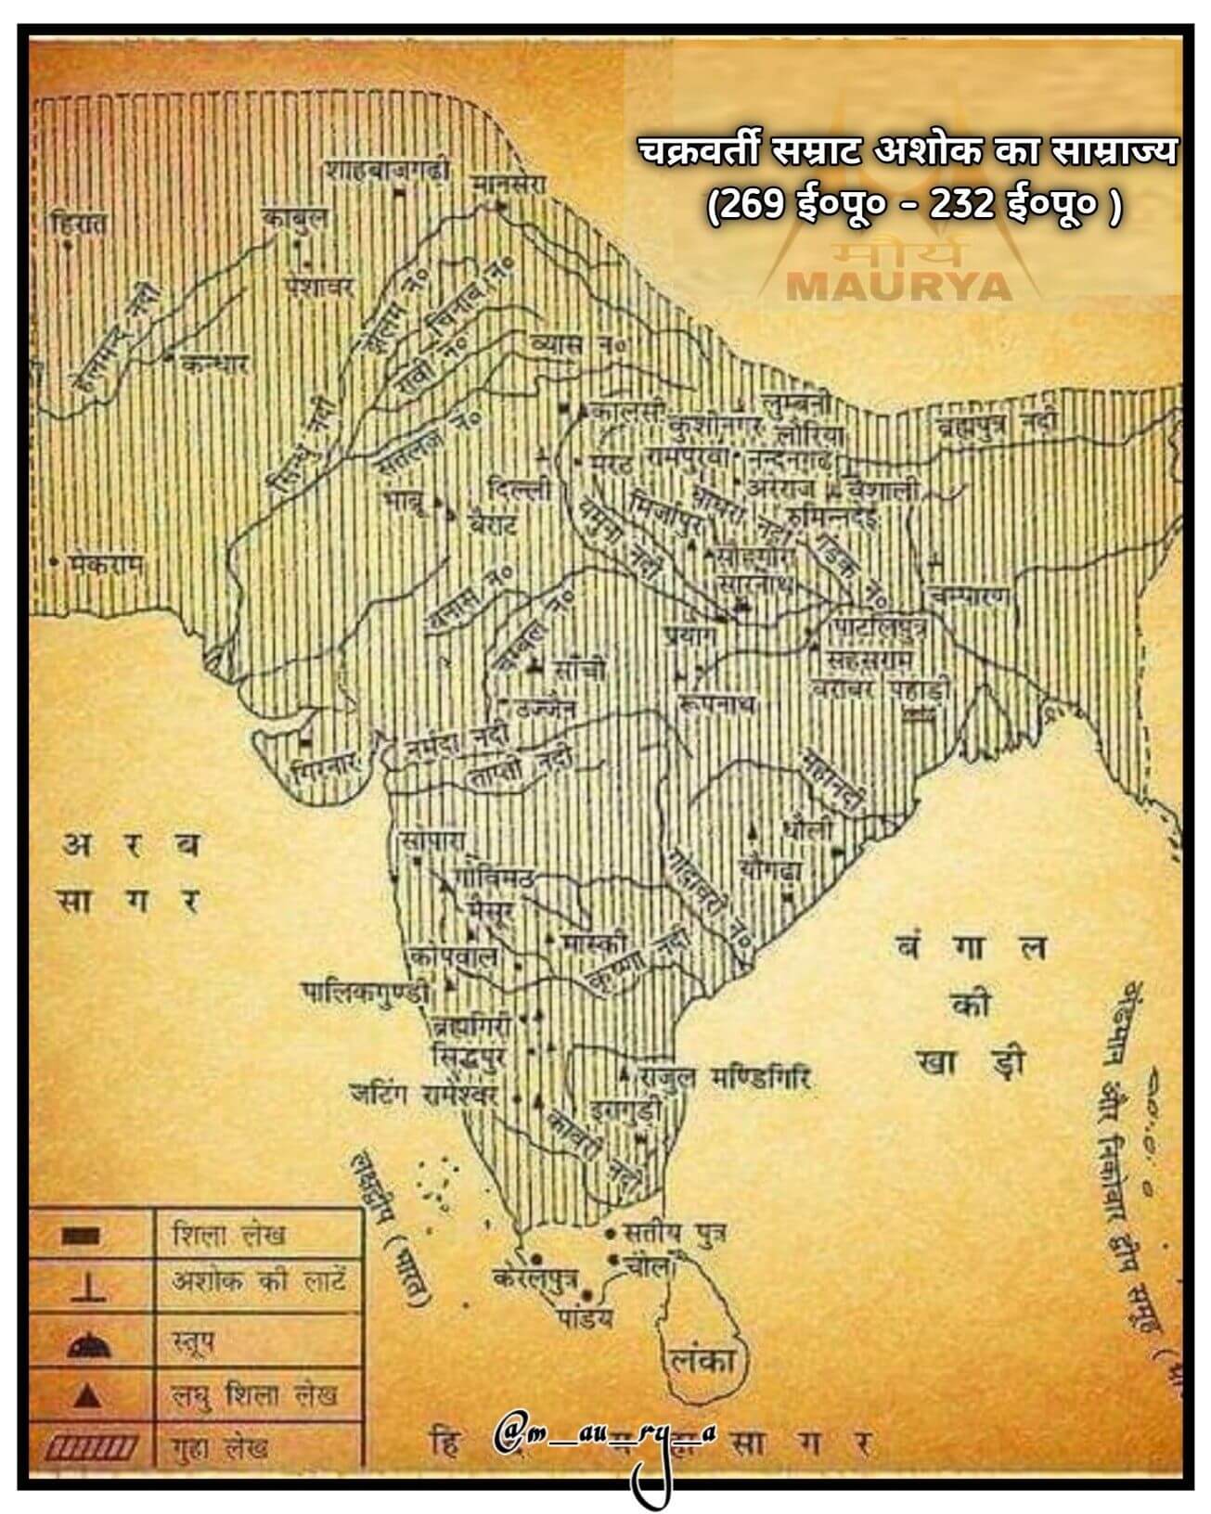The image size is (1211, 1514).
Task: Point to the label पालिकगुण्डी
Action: (368, 993)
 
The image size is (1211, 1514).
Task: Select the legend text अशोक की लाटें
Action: (259, 1283)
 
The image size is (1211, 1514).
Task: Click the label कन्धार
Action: (214, 364)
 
